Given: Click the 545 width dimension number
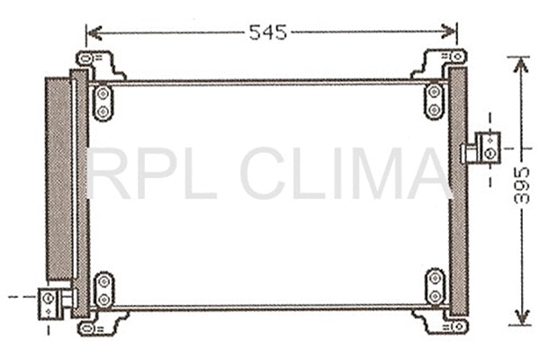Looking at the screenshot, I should (267, 33).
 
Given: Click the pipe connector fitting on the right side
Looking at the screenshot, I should (487, 146).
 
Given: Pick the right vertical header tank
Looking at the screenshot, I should (457, 193).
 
